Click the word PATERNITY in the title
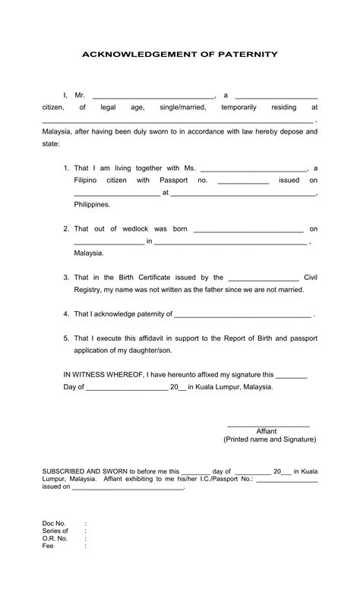pyautogui.click(x=247, y=55)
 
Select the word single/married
pyautogui.click(x=182, y=108)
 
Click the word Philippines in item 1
pyautogui.click(x=92, y=204)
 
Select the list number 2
pyautogui.click(x=66, y=228)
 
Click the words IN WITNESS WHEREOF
pyautogui.click(x=101, y=374)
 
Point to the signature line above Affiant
pyautogui.click(x=269, y=427)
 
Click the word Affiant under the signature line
pyautogui.click(x=267, y=431)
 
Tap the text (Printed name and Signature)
pyautogui.click(x=269, y=439)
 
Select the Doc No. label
pyautogui.click(x=54, y=524)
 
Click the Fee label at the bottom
pyautogui.click(x=48, y=546)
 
